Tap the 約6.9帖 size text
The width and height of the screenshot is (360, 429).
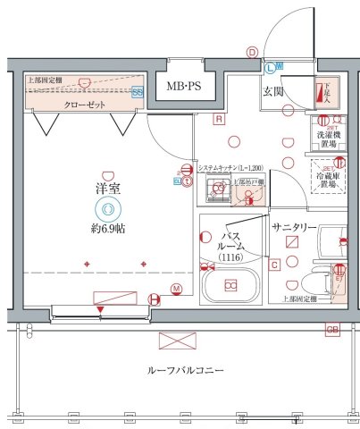108,229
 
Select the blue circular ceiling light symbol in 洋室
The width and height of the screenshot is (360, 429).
108,210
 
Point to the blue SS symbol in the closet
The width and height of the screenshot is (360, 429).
138,91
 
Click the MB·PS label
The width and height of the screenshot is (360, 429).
184,87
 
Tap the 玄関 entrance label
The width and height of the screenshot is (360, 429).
273,91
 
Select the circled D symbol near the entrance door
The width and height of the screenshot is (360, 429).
252,52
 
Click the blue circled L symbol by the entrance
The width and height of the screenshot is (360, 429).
270,66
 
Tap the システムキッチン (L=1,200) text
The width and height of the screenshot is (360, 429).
230,168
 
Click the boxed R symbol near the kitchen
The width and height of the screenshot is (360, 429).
217,118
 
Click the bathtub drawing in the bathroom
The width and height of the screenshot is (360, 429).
231,286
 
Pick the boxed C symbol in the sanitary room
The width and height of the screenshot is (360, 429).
275,264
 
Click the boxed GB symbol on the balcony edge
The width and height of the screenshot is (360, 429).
332,329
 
